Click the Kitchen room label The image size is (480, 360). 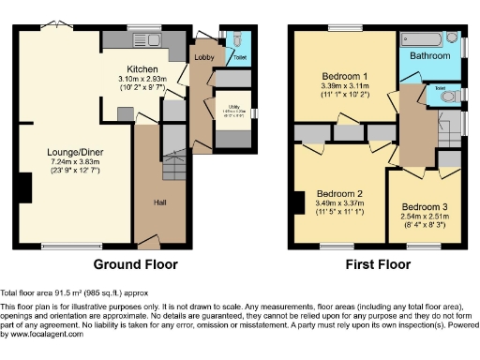coord(143,69)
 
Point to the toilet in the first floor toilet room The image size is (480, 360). coord(447,95)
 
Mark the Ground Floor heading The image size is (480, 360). coord(136,264)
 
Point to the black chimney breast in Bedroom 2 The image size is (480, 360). coord(299,203)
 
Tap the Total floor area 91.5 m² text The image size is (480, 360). coord(69,293)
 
